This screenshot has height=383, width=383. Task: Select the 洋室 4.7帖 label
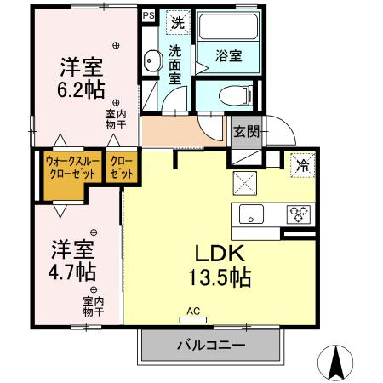coord(72,261)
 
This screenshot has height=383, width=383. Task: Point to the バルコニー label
coord(210,346)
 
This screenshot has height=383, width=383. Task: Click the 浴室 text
coord(228,57)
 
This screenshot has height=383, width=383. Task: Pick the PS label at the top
coord(148,15)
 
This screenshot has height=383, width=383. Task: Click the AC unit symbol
coord(192,319)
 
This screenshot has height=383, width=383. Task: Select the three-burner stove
coord(298,213)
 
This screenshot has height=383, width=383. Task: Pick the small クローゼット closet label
coord(122,165)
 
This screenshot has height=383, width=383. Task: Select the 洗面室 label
coord(175,63)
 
